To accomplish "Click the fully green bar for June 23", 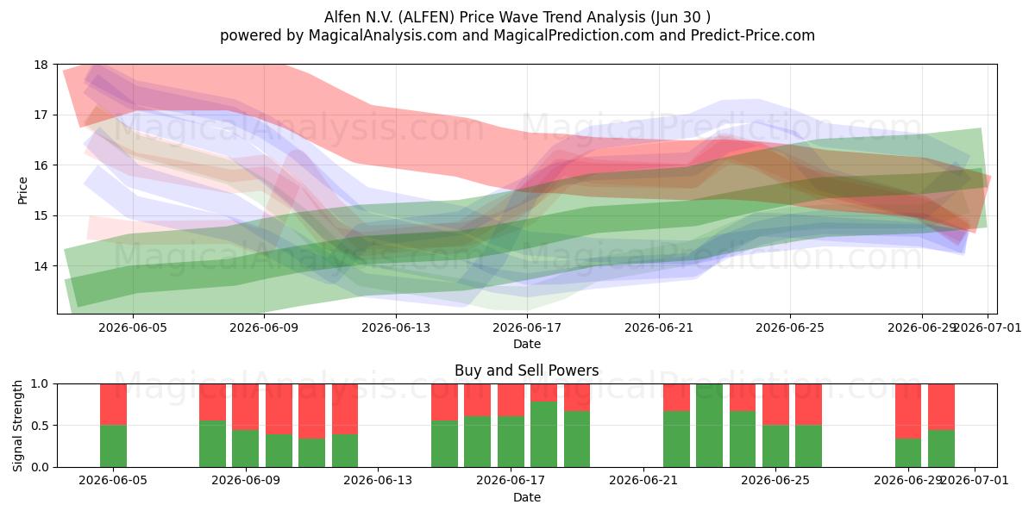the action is (x=709, y=425).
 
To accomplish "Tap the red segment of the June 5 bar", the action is (x=113, y=404).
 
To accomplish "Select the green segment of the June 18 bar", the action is (x=544, y=434).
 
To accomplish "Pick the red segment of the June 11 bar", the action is (x=312, y=411).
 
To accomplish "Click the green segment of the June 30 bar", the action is (x=941, y=449).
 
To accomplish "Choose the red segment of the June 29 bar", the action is (x=908, y=411).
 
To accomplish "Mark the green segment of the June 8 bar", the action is (x=212, y=444).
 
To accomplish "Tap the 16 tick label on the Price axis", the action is (x=41, y=165).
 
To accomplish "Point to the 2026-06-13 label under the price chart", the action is (x=396, y=327).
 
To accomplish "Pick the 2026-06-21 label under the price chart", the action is (x=659, y=327).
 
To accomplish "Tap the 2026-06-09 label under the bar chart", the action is (x=246, y=481).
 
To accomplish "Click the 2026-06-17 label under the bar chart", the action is (x=511, y=481).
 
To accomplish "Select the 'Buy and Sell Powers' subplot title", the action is (x=527, y=371).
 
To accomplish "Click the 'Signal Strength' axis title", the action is (x=17, y=426).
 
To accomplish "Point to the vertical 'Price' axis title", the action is (x=22, y=190).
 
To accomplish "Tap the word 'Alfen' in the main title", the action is (x=342, y=17).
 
